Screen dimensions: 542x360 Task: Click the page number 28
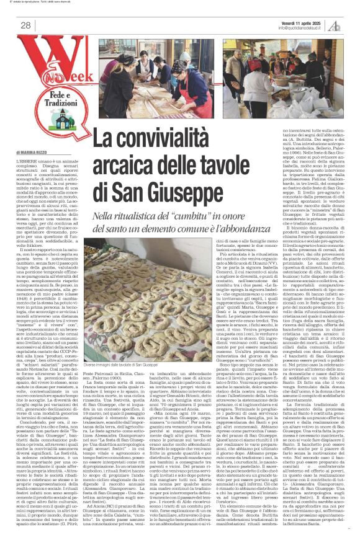pos(25,25)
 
